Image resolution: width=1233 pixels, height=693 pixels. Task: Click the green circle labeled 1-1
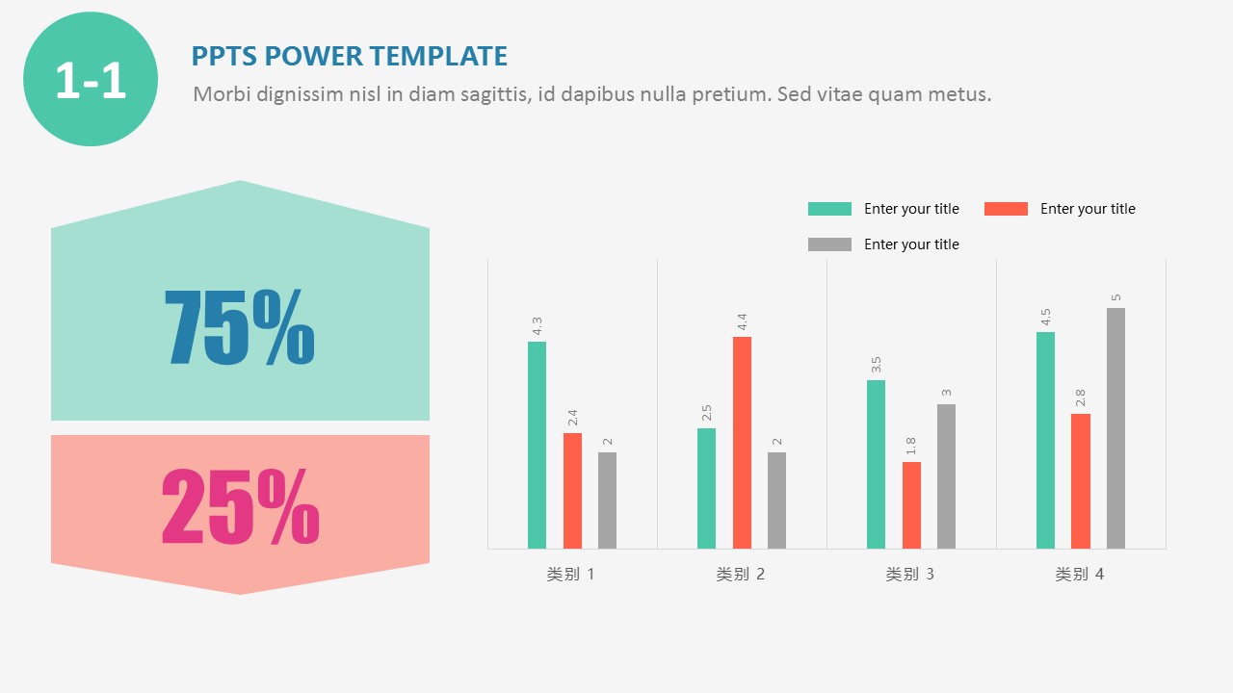pos(91,79)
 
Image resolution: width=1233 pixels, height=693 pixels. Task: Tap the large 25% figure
pos(240,505)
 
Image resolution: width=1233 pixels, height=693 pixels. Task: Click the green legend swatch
pos(829,209)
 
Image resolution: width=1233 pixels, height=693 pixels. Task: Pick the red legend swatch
pos(1006,209)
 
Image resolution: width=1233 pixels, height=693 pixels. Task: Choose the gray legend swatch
pos(829,244)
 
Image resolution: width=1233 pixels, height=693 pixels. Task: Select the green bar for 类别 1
pos(537,445)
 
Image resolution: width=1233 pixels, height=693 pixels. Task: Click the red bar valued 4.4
pos(742,443)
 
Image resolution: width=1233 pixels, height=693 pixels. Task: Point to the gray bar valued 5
pos(1115,428)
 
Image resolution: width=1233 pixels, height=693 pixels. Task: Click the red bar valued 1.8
pos(911,505)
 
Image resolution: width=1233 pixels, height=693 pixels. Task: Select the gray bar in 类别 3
pos(946,476)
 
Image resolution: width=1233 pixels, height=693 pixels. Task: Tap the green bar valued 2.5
pos(706,488)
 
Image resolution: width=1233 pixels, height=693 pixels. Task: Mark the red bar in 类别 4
pos(1081,481)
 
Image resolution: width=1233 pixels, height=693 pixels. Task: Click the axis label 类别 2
pos(741,575)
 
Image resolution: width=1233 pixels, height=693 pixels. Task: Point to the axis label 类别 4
pos(1080,575)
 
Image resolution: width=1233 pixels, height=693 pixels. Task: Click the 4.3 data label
pos(537,326)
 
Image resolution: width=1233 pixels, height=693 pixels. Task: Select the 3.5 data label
pos(876,365)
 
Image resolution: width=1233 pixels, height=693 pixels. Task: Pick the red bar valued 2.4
pos(572,491)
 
